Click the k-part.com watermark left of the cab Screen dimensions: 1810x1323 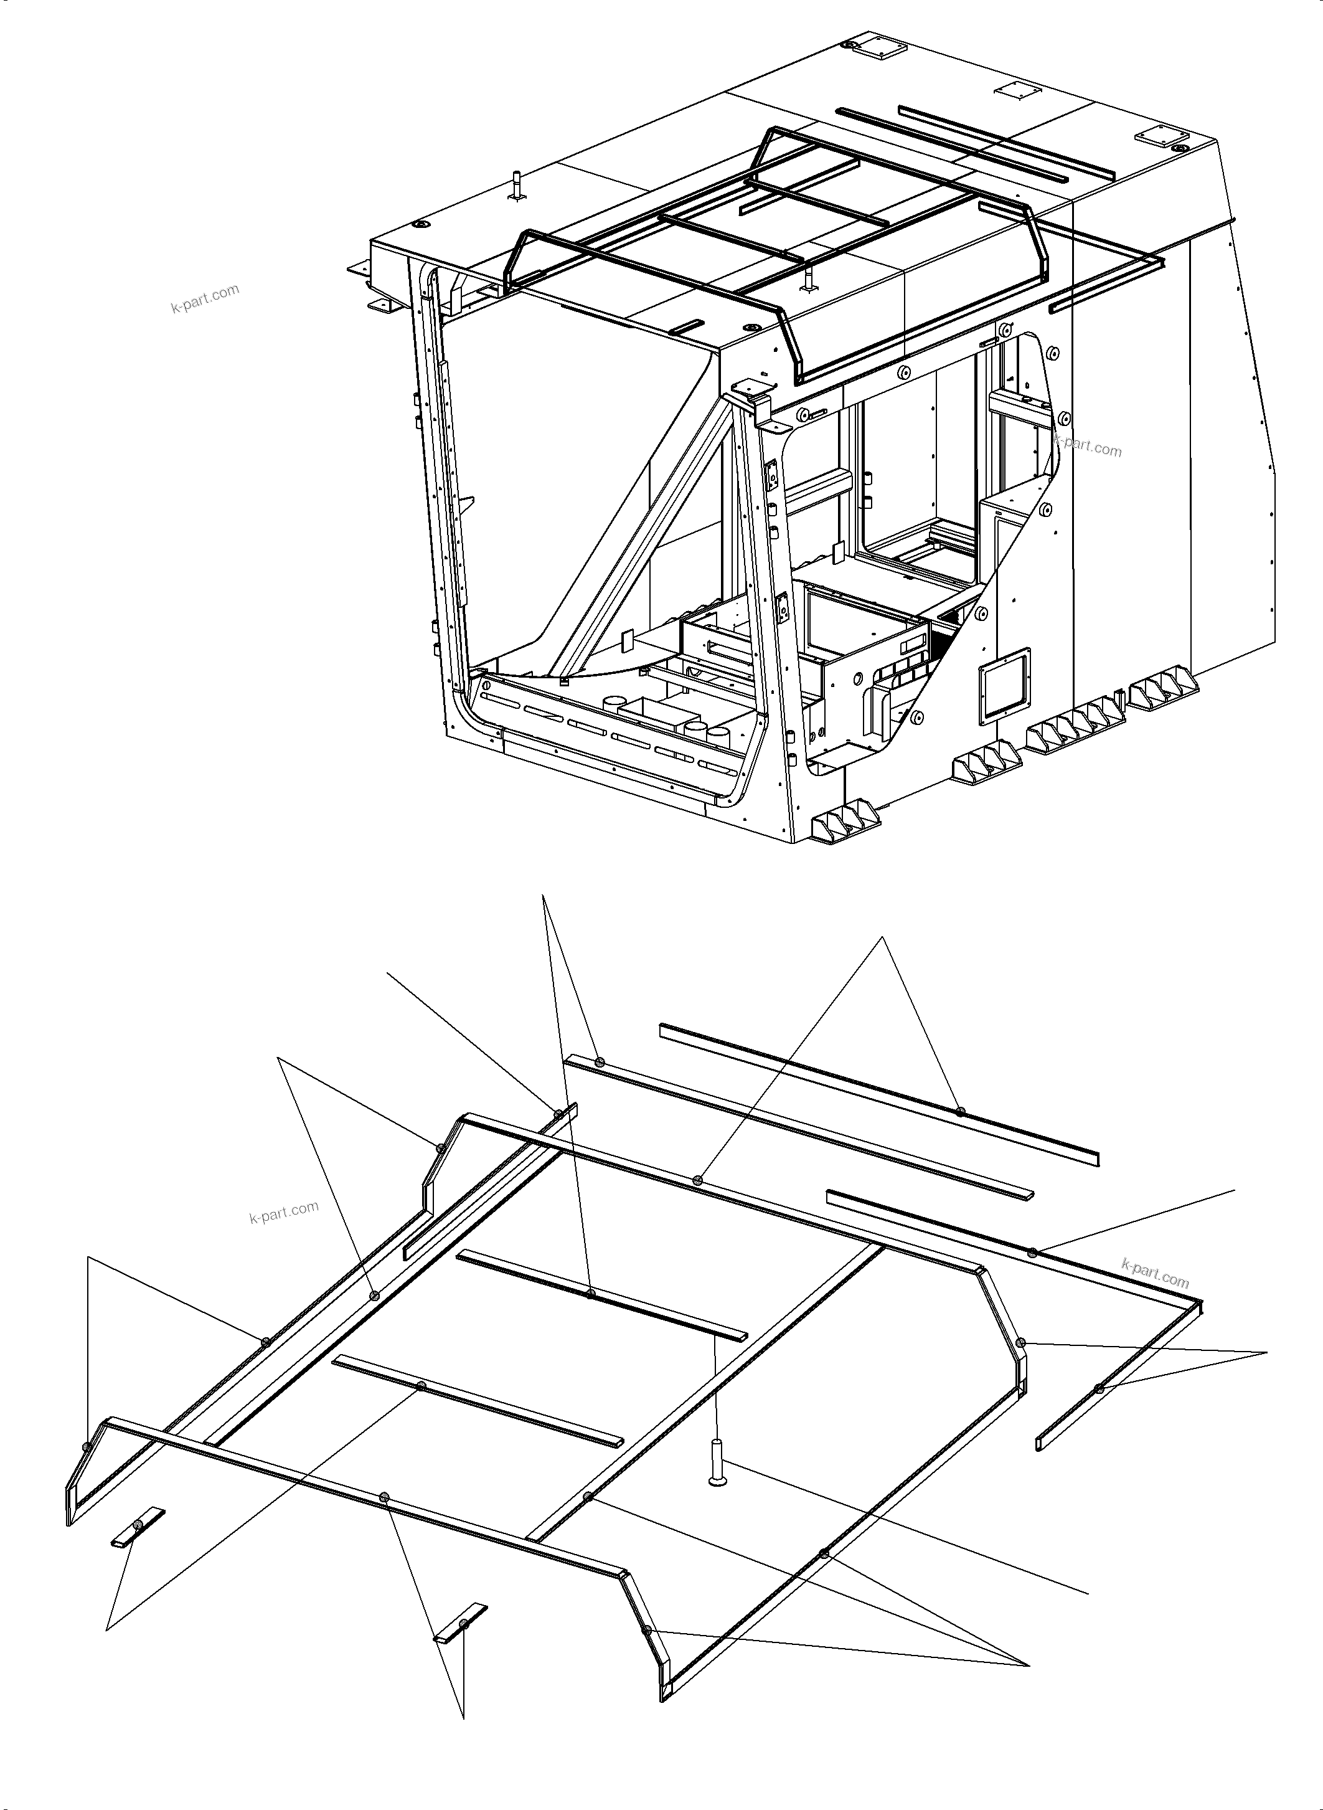coord(205,298)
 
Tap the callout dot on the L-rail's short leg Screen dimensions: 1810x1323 coord(1099,1388)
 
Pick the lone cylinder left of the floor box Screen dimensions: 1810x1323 coord(613,703)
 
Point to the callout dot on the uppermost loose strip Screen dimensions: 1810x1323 coord(960,1111)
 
